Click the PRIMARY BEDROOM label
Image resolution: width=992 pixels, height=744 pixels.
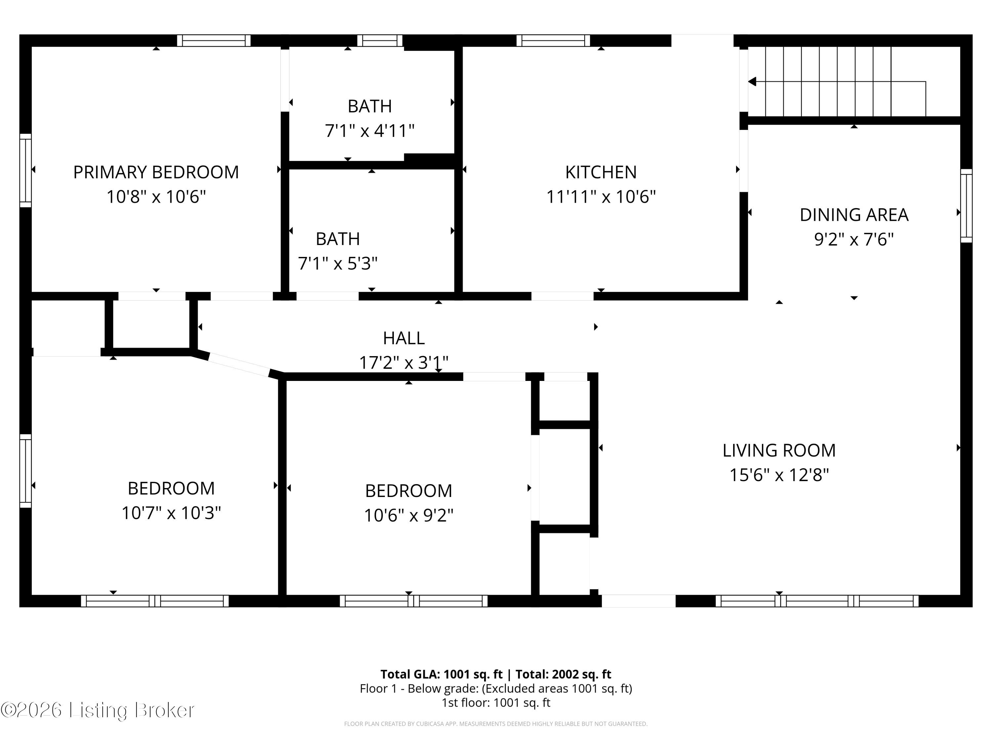(156, 172)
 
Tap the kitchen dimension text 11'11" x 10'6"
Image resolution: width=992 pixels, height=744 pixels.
(600, 197)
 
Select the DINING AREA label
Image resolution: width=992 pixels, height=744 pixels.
(853, 215)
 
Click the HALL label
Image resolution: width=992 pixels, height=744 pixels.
(404, 338)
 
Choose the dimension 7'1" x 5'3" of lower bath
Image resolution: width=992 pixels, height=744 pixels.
(337, 263)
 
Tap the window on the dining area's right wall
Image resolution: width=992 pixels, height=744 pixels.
(966, 206)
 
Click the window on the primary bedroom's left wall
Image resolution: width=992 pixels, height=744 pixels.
(25, 170)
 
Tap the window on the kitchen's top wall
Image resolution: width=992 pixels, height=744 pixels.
(553, 41)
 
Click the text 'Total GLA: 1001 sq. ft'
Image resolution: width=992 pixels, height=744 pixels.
(441, 674)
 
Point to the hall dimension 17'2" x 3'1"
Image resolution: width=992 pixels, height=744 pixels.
(404, 362)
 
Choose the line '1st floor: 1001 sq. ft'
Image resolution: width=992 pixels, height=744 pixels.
(496, 702)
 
